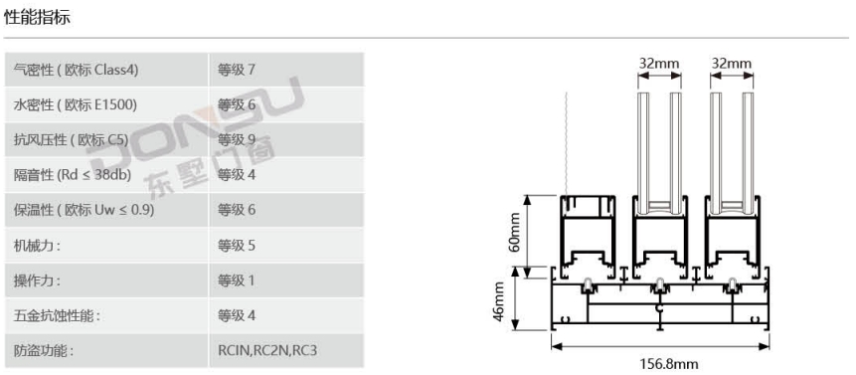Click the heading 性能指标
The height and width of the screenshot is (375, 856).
(37, 18)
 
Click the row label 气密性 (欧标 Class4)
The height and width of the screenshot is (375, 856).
(76, 70)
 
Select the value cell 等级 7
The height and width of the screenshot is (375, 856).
(237, 70)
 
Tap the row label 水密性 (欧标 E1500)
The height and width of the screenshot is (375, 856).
(75, 104)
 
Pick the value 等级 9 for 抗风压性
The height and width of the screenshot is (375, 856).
(237, 139)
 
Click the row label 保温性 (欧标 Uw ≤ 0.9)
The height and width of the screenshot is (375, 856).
(85, 210)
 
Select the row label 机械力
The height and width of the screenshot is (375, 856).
(37, 245)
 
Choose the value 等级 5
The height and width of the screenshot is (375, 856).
(237, 245)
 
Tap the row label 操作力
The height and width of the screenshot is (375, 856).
(37, 281)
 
